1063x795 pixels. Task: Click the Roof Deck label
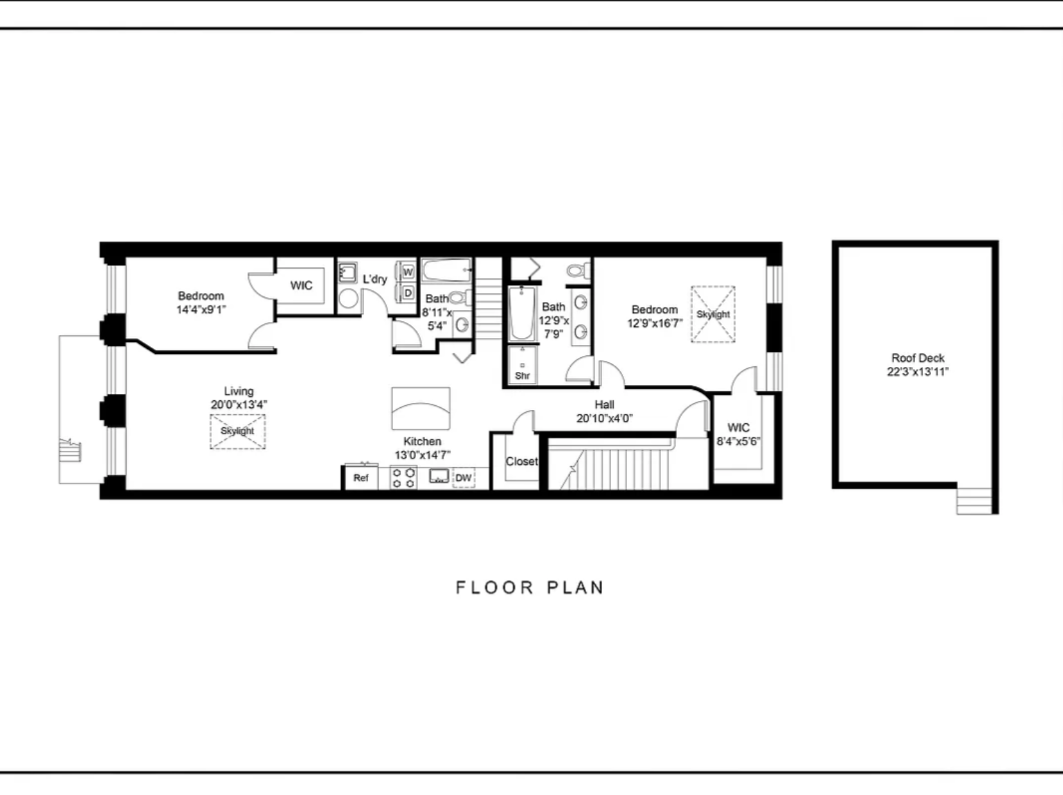[918, 358]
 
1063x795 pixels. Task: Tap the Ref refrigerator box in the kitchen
[361, 478]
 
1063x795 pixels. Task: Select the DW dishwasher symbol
[464, 478]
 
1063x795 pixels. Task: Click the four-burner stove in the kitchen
[403, 478]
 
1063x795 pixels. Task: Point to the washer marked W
[408, 271]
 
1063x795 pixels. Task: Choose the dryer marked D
[408, 293]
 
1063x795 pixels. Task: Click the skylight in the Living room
[237, 431]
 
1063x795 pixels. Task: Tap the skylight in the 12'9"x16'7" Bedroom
[713, 314]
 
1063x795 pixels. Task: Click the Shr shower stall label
[523, 375]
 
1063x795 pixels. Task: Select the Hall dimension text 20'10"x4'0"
[604, 418]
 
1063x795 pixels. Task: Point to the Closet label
[522, 461]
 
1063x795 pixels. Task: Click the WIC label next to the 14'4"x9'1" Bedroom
[301, 285]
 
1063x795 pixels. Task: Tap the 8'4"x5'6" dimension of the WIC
[738, 441]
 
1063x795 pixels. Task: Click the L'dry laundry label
[375, 279]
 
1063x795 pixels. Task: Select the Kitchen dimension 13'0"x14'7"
[422, 455]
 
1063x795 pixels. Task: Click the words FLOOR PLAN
[530, 588]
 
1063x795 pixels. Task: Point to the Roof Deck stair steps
[974, 501]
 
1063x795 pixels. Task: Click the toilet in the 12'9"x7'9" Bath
[579, 270]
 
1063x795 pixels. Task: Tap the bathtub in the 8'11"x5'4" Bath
[446, 270]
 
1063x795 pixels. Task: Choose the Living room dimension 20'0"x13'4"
[239, 404]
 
